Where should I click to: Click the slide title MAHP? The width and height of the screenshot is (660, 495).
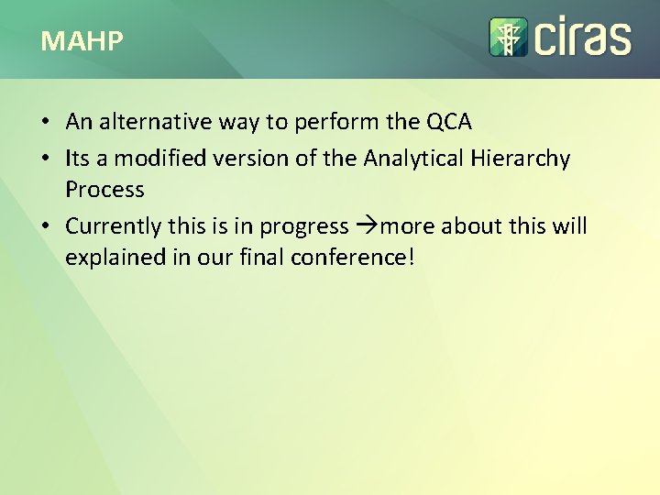[82, 41]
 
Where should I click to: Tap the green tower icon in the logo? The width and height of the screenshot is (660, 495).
[507, 37]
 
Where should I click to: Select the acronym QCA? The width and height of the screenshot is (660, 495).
[449, 122]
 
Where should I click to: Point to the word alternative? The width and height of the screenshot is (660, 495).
[150, 122]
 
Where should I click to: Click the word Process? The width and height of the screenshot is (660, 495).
[104, 190]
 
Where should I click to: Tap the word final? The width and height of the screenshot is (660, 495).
[265, 258]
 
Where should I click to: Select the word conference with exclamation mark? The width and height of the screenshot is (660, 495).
[353, 258]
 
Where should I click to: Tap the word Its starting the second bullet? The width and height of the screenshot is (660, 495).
[77, 159]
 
